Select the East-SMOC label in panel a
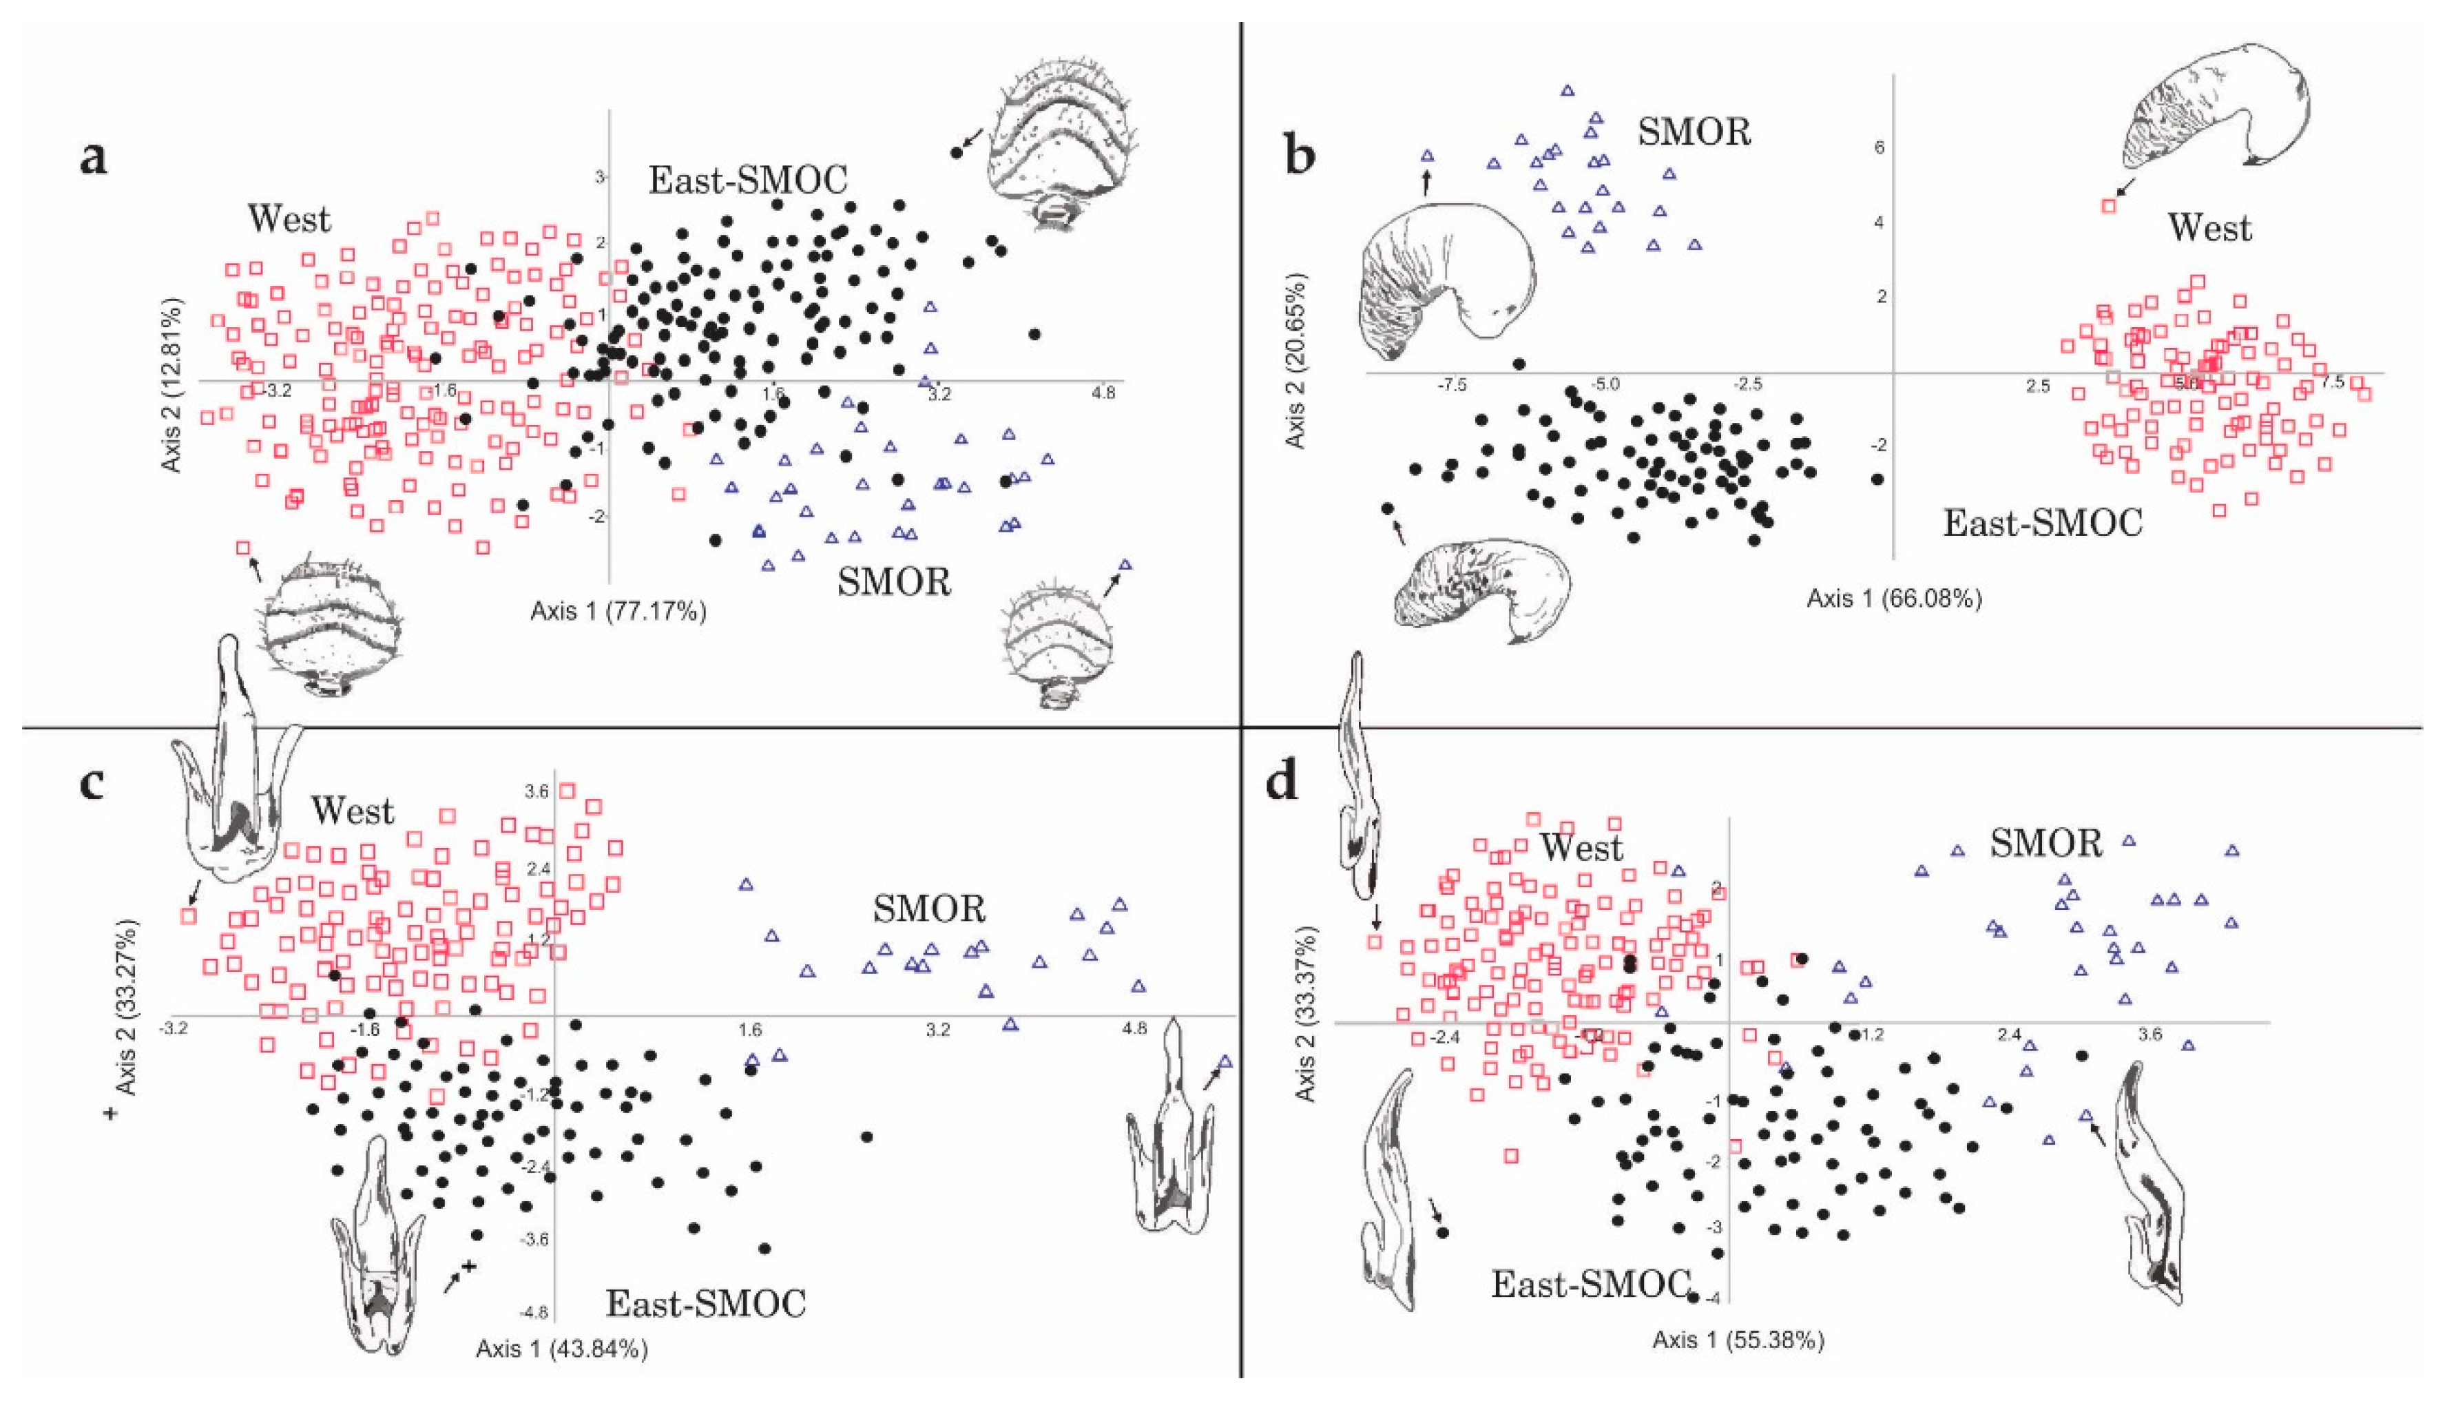(747, 180)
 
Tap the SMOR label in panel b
(1694, 131)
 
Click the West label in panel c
(353, 811)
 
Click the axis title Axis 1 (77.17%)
(618, 611)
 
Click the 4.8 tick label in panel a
(1103, 393)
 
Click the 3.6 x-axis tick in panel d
(2150, 1035)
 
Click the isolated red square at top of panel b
(2109, 205)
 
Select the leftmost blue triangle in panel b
(1428, 155)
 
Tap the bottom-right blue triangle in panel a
(1124, 565)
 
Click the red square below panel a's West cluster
(244, 548)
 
